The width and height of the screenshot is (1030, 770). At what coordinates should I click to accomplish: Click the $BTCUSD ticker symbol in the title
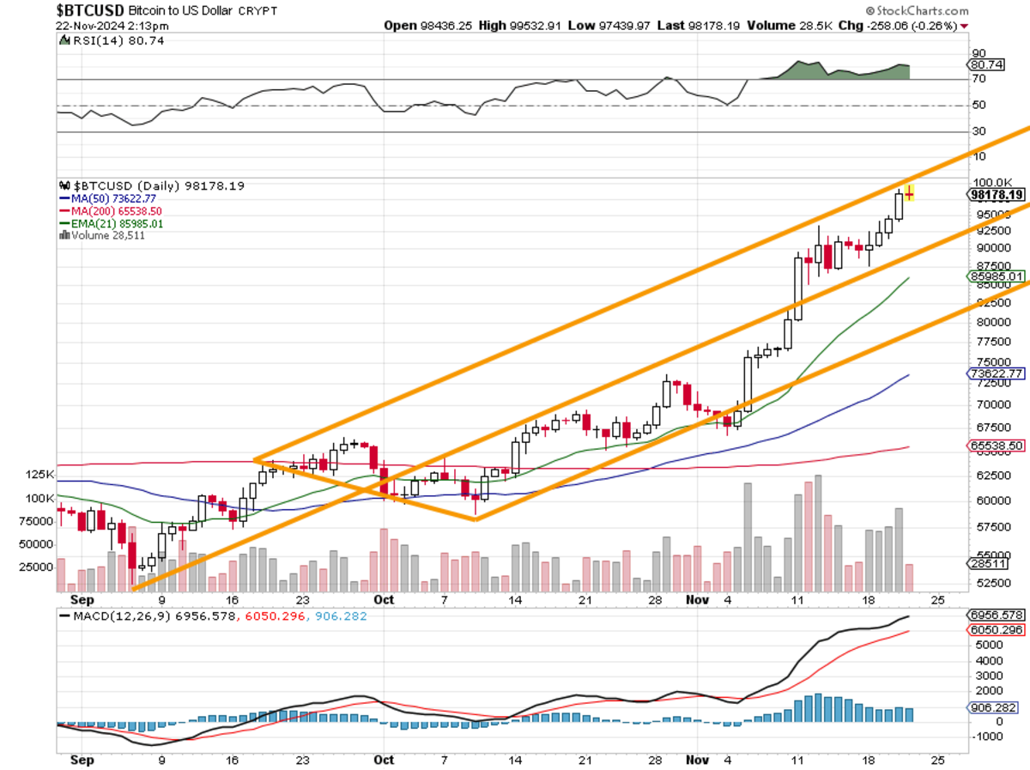89,11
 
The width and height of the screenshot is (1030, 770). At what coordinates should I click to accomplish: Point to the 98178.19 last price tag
996,195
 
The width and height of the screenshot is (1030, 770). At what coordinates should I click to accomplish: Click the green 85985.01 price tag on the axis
996,276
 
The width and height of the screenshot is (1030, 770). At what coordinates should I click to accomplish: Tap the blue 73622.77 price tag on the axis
996,373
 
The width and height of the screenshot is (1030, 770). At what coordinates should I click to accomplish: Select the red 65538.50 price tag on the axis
996,446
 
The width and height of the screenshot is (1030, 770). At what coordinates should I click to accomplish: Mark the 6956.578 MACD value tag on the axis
996,615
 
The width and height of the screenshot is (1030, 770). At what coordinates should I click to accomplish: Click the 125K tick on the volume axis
40,475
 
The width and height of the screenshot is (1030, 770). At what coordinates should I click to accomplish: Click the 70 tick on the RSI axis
978,79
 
